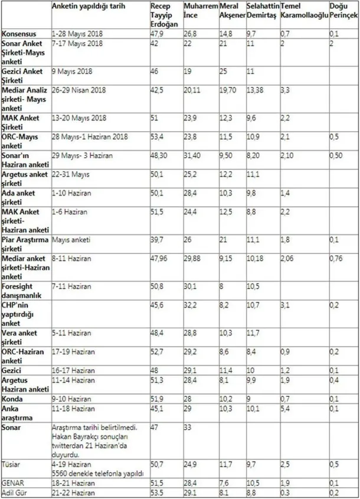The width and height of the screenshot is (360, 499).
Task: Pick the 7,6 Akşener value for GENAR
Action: (224, 482)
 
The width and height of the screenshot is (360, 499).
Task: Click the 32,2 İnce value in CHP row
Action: (190, 305)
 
